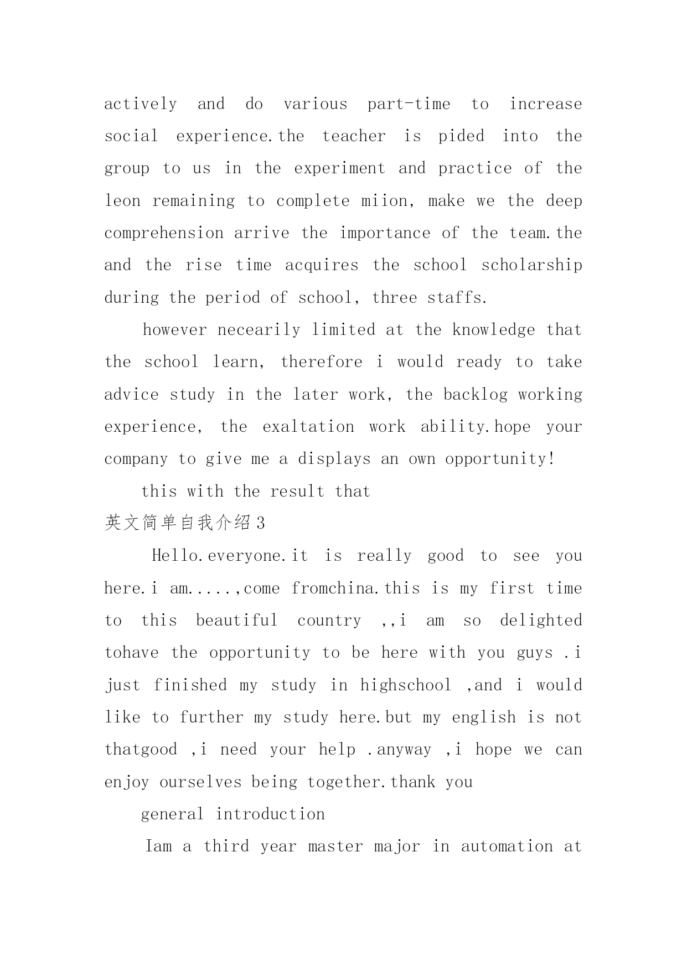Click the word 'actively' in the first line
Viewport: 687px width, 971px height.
(141, 105)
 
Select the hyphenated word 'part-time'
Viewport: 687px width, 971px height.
(409, 105)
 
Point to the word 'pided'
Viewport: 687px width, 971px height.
(461, 137)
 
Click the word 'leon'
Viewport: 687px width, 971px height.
(122, 201)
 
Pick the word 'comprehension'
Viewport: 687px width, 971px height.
(164, 234)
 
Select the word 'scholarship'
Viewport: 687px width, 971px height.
(531, 266)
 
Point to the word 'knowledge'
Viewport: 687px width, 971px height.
(493, 330)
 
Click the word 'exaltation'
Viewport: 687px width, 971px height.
(308, 427)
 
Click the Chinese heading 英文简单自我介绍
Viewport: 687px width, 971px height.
(178, 523)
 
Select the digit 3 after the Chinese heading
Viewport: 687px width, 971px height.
(261, 523)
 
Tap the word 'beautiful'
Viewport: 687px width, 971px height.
(236, 621)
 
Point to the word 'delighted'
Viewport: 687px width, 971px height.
(541, 621)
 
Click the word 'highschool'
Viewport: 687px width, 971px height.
(406, 685)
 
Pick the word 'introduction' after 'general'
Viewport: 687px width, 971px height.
(270, 814)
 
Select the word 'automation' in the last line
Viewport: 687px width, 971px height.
(507, 846)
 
